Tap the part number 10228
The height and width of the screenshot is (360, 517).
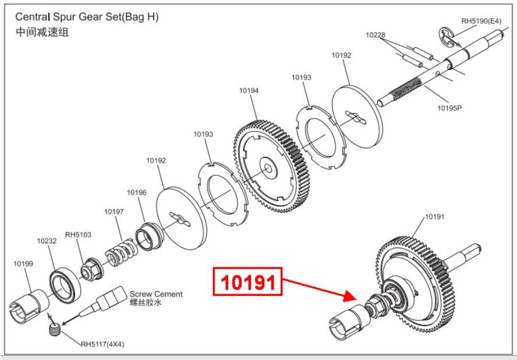(376, 36)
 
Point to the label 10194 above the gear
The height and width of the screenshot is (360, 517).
(249, 90)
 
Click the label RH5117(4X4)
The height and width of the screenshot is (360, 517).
(102, 344)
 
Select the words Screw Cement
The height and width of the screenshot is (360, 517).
(156, 294)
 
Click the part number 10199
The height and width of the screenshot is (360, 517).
(23, 263)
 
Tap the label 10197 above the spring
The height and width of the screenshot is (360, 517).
(114, 212)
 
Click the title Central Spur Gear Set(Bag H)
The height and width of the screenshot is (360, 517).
(87, 17)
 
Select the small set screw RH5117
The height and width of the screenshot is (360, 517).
(54, 330)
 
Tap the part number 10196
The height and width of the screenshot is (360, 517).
(137, 192)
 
